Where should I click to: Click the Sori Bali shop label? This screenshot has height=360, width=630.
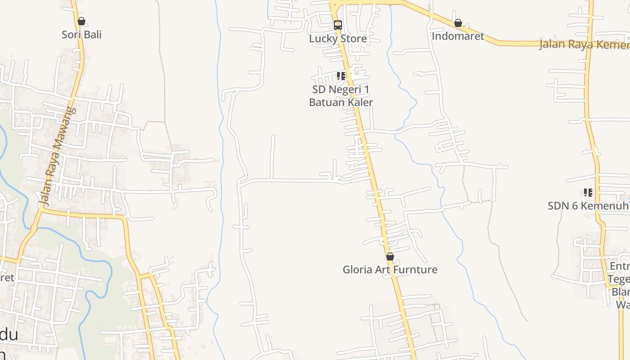81,35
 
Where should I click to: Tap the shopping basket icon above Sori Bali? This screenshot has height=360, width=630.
81,21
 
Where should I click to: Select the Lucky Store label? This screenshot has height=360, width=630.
337,39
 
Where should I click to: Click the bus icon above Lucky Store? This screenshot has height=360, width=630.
337,25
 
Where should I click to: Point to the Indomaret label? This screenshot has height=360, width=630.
458,36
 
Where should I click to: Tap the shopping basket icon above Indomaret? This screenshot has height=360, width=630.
458,23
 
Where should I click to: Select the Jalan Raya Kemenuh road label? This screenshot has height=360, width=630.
584,44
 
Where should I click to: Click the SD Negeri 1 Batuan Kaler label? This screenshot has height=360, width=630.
341,96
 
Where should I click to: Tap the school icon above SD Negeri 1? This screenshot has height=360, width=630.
341,76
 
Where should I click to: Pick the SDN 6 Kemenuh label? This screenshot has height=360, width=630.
587,206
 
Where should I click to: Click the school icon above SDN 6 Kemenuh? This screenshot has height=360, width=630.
588,193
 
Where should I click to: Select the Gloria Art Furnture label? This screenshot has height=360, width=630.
390,270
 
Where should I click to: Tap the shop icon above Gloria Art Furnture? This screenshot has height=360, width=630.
390,256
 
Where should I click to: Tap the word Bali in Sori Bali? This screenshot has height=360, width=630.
93,35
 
